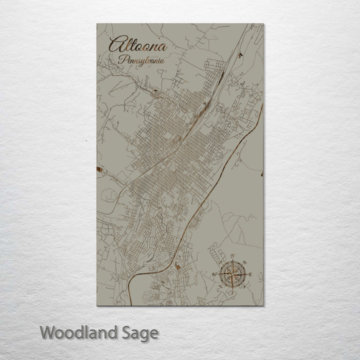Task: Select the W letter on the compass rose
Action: pos(214,274)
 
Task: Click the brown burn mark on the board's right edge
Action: pos(262,173)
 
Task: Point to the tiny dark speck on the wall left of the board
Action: pos(86,141)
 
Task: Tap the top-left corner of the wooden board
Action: pos(97,24)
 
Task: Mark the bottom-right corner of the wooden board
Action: pos(263,304)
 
